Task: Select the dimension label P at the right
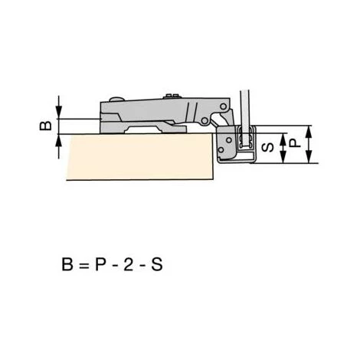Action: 295,143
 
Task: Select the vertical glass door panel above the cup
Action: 244,100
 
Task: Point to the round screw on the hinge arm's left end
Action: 115,100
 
